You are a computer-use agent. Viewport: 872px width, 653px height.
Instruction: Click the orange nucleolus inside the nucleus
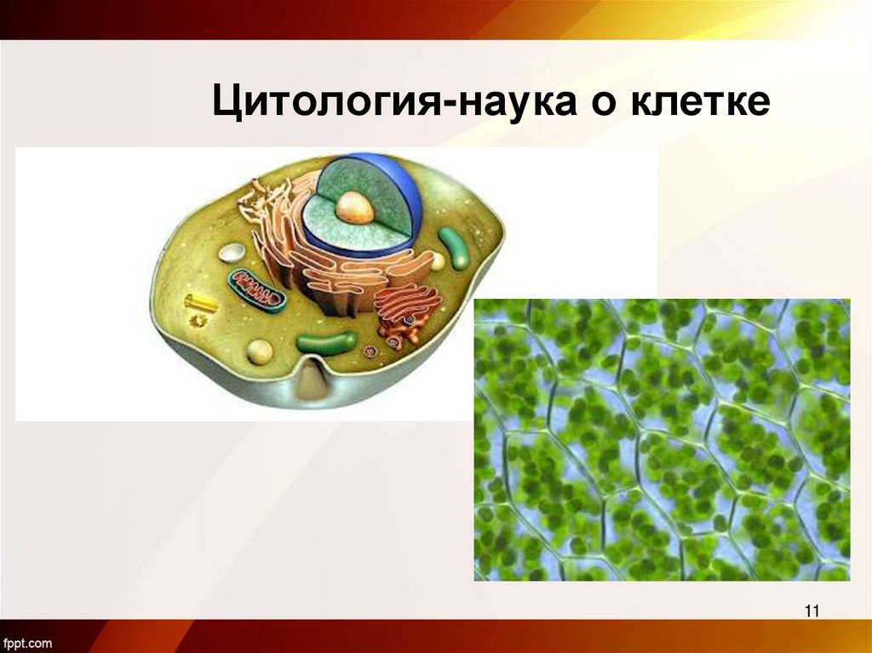(x=354, y=207)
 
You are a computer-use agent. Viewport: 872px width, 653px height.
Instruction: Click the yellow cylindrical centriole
(x=201, y=301)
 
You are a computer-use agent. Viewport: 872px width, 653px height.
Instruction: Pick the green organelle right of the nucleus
(x=453, y=248)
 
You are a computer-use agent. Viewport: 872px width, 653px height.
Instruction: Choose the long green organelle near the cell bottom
(x=326, y=344)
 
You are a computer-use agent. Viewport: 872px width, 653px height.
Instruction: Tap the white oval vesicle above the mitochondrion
(x=232, y=252)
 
